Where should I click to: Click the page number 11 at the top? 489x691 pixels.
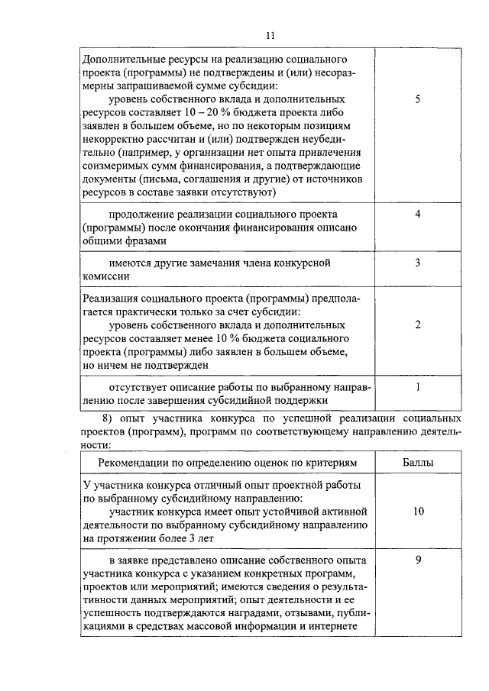tap(269, 35)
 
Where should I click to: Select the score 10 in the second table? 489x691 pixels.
tap(418, 512)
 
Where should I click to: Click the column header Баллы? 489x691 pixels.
tap(418, 463)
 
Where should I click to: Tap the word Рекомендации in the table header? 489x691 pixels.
tap(134, 463)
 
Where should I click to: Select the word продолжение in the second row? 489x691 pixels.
tap(146, 214)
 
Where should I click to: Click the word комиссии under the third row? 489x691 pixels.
tap(107, 277)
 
